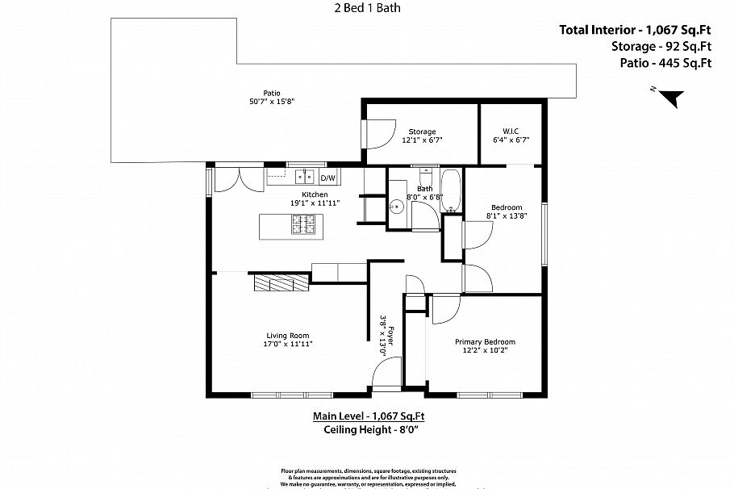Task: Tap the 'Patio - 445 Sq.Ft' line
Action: (665, 62)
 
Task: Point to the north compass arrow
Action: (670, 97)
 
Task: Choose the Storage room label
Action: (422, 132)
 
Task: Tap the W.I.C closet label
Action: (510, 132)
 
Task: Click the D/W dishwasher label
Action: (328, 178)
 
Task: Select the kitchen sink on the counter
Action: (304, 176)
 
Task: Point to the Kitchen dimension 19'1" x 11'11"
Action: (315, 203)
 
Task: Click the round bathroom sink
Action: (397, 207)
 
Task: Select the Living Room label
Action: (288, 336)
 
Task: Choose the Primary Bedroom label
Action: (484, 341)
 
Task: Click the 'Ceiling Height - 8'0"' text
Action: (369, 429)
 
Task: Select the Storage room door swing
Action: (380, 132)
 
